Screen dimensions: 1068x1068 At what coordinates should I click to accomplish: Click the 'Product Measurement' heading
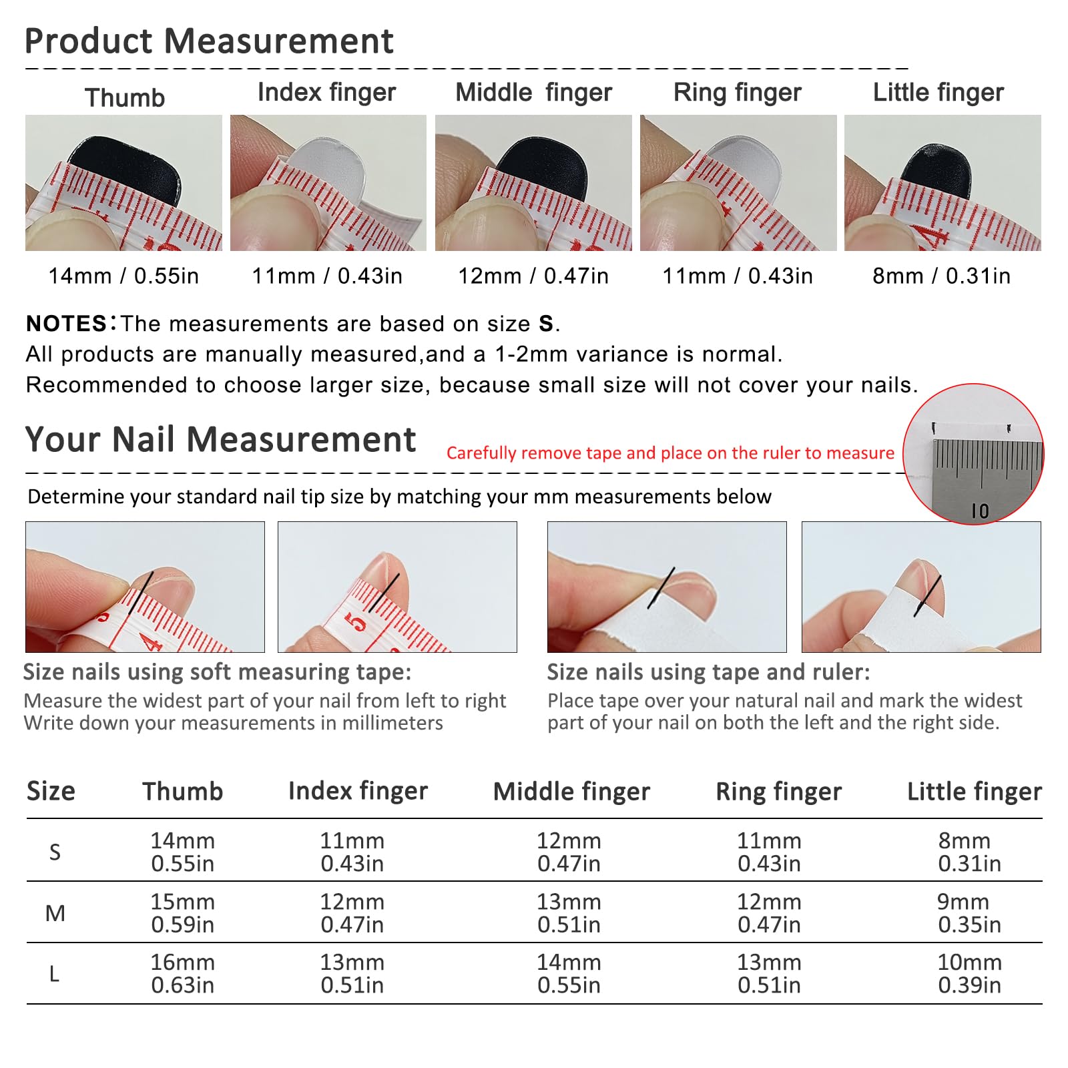tap(209, 41)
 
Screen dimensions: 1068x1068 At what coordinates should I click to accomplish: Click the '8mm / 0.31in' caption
tap(942, 276)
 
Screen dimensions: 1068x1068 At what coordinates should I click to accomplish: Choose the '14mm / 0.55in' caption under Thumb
tap(123, 276)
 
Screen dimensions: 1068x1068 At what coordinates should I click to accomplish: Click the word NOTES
tap(66, 324)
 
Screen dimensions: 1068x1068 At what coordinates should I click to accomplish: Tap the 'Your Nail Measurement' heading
tap(220, 440)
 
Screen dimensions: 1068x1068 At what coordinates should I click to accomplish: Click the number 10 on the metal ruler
tap(980, 511)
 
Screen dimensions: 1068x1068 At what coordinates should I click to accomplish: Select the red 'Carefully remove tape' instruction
tap(670, 453)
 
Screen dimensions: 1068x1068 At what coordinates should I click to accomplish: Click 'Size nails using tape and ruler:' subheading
tap(709, 672)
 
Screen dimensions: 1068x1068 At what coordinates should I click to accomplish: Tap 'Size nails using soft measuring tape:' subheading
tap(218, 672)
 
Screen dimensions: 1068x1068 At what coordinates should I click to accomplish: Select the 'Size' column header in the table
tap(51, 791)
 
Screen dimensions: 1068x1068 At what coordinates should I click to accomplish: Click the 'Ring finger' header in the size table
tap(778, 792)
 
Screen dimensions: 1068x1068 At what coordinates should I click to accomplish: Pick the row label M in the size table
tap(55, 913)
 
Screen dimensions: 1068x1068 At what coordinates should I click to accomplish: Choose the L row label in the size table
tap(55, 975)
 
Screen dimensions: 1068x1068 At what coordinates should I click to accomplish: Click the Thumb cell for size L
tap(182, 974)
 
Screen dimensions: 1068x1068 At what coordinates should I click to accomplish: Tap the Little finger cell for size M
tap(969, 913)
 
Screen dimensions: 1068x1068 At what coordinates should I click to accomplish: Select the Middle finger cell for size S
tap(569, 852)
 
